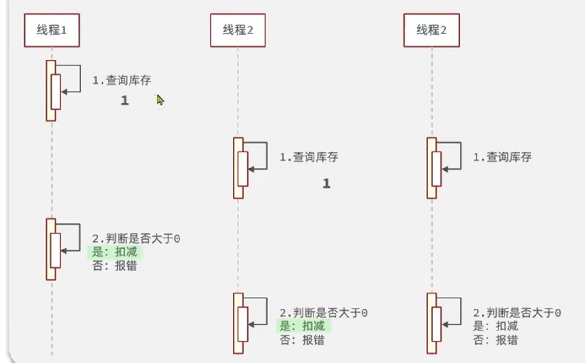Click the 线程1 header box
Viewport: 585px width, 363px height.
[x=52, y=30]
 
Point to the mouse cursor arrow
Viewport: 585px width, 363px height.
[x=160, y=100]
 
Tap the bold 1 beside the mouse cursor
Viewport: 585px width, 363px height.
[x=125, y=101]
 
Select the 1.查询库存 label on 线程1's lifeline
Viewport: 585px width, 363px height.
[x=122, y=80]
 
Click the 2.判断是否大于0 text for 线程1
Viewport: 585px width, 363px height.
[x=136, y=238]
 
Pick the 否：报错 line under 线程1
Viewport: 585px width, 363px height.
[x=114, y=266]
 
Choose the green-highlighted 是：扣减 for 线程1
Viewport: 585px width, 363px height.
[x=115, y=252]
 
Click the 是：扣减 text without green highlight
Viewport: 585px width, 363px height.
[x=495, y=326]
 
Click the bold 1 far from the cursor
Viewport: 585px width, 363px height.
[x=326, y=184]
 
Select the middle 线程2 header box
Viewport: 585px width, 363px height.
[x=238, y=30]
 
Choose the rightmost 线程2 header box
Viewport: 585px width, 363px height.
[x=431, y=30]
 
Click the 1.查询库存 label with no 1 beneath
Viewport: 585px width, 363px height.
[x=502, y=157]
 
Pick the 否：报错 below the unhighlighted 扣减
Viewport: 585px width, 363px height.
[x=495, y=340]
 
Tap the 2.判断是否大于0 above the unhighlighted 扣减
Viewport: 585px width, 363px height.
[x=517, y=313]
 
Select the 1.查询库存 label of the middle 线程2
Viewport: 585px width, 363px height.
[x=309, y=157]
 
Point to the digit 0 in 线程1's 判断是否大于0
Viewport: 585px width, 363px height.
[x=177, y=238]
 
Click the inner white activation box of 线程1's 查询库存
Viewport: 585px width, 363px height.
[x=56, y=92]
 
